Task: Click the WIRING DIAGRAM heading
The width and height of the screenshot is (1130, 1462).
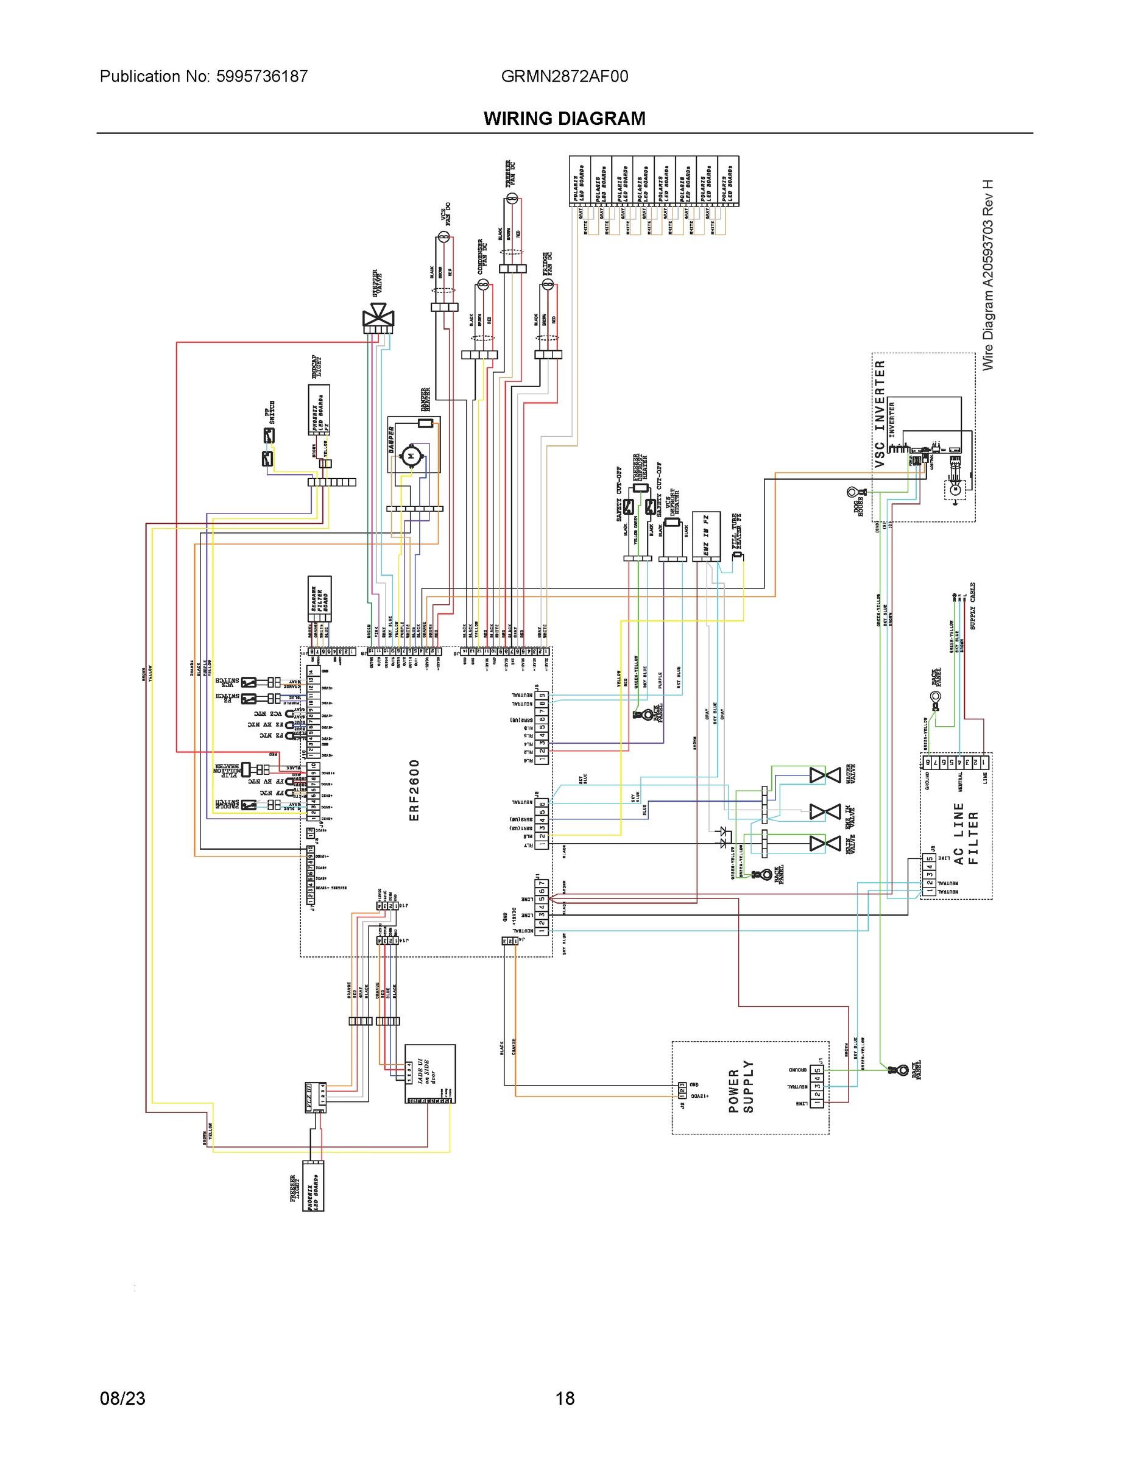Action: tap(564, 119)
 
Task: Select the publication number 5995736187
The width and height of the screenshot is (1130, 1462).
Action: tap(262, 76)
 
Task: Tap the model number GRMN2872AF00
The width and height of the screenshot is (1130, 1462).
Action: tap(564, 76)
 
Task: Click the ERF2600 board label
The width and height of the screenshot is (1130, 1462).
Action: tap(414, 790)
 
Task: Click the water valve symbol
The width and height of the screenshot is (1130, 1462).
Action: tap(825, 775)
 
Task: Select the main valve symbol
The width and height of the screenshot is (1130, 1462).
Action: tap(825, 844)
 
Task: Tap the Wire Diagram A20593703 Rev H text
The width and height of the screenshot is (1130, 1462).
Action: tap(988, 275)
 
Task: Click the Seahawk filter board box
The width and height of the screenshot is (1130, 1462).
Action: tap(319, 599)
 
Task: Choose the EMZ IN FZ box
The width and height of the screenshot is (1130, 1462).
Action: tap(706, 535)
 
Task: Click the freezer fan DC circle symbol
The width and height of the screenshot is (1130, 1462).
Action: tap(512, 197)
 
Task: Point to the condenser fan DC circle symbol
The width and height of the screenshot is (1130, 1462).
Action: tap(482, 285)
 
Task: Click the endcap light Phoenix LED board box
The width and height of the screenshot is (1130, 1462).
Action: tap(319, 411)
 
